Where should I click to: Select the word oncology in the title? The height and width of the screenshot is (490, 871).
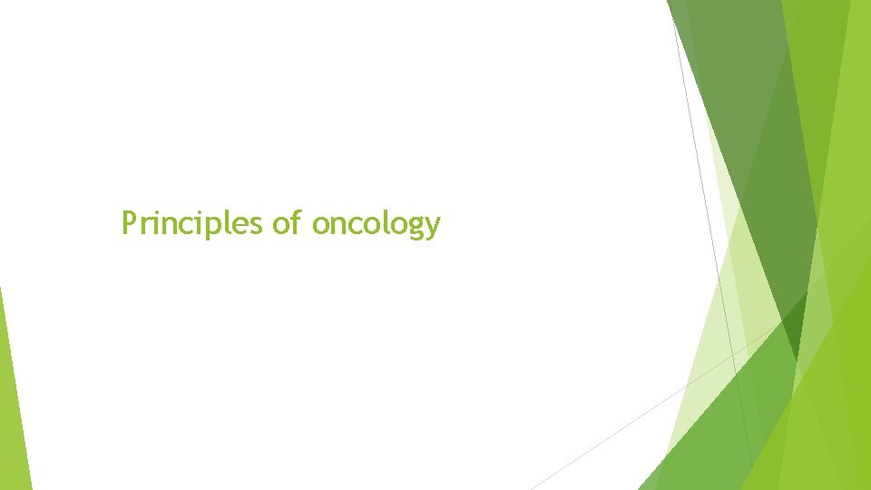(x=376, y=223)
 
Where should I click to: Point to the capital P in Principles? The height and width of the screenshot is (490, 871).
(x=130, y=222)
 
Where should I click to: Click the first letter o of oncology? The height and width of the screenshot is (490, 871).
(x=320, y=224)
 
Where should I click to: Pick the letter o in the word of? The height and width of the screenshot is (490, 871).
(x=280, y=224)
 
